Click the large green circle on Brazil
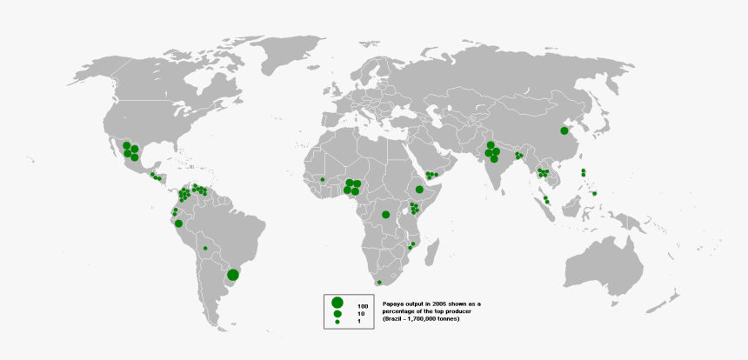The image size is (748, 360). click(233, 275)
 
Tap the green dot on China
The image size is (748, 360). click(564, 130)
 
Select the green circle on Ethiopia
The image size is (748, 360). click(419, 189)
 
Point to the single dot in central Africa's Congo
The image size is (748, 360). click(385, 214)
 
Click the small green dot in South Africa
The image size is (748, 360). click(379, 283)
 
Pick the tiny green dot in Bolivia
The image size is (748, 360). click(205, 248)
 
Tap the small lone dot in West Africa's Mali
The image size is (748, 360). click(322, 179)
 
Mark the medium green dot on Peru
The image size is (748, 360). click(178, 223)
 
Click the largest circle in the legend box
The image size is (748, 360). click(337, 302)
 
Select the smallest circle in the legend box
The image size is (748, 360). click(337, 322)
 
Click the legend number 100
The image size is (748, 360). click(363, 307)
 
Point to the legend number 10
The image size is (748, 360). click(361, 314)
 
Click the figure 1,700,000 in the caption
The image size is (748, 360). click(428, 319)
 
